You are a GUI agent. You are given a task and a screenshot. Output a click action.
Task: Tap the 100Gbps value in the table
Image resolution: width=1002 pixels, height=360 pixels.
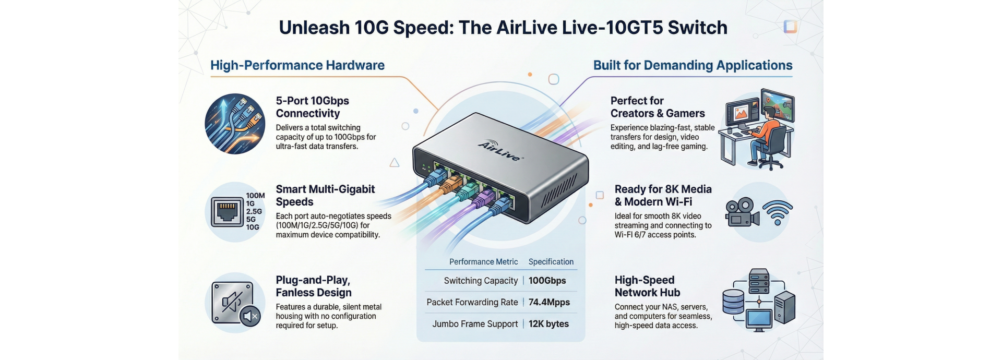coord(547,281)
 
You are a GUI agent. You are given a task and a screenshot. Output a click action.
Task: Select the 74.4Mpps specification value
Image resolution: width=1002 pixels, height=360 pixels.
coord(549,302)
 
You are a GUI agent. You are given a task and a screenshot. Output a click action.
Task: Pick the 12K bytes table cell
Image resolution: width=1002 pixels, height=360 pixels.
coord(548,324)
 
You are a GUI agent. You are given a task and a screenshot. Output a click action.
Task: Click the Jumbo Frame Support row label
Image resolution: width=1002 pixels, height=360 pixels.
coord(475,324)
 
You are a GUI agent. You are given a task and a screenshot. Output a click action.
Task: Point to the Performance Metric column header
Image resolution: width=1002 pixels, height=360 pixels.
coord(483,262)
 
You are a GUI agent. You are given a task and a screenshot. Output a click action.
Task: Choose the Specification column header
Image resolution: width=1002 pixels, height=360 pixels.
coord(551,262)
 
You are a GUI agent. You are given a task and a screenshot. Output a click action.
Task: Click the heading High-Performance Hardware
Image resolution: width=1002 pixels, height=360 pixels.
coord(297,65)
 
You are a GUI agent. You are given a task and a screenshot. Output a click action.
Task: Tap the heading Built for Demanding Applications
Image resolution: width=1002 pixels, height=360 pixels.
coord(693,65)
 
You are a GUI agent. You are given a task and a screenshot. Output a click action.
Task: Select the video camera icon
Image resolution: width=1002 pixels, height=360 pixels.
coord(742,213)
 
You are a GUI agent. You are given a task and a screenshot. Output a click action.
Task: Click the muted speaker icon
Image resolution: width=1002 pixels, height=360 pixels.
coord(250,316)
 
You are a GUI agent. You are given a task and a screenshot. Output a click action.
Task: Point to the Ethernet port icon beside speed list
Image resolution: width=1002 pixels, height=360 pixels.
coord(227,212)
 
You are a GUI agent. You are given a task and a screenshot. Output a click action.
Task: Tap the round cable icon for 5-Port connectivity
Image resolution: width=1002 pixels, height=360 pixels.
coord(235,124)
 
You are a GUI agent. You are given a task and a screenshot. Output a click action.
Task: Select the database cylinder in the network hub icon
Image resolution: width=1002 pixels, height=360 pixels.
coord(733,302)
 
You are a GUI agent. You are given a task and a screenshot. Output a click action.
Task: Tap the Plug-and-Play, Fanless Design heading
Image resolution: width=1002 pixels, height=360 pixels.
coord(314,286)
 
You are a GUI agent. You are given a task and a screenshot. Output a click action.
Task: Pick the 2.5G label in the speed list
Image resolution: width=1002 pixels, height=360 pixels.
coord(254,211)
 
